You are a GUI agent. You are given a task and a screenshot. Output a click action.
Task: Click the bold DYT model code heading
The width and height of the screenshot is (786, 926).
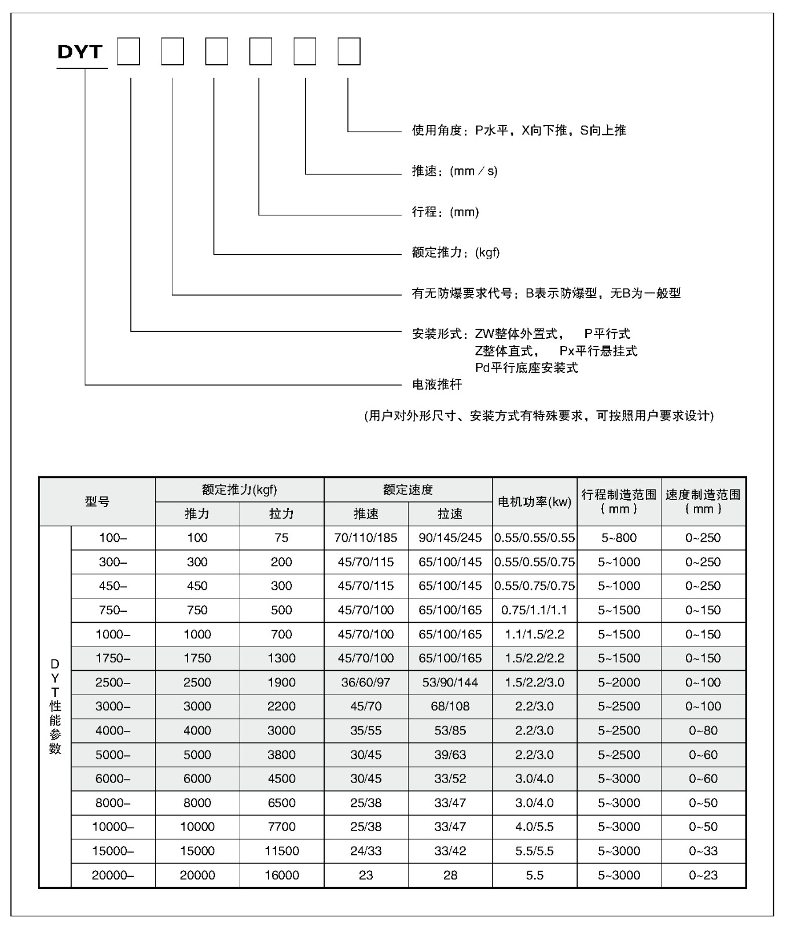pyautogui.click(x=80, y=52)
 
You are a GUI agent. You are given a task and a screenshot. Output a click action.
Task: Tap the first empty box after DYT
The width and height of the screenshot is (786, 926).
pyautogui.click(x=128, y=52)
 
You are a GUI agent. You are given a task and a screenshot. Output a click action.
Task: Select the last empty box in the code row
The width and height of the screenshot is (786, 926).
pyautogui.click(x=349, y=52)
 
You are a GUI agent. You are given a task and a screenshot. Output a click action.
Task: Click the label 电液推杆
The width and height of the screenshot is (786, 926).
pyautogui.click(x=437, y=384)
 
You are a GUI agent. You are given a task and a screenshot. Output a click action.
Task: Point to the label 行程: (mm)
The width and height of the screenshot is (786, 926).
pyautogui.click(x=445, y=212)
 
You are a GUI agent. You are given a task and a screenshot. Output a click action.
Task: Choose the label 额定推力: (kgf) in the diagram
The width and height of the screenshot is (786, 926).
pyautogui.click(x=456, y=252)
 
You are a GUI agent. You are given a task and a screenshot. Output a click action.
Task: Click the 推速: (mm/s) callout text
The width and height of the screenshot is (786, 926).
pyautogui.click(x=454, y=171)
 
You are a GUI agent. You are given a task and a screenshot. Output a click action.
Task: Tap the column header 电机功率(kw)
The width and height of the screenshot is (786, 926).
pyautogui.click(x=535, y=502)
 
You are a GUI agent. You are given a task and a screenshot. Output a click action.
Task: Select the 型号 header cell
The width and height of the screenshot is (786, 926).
pyautogui.click(x=97, y=502)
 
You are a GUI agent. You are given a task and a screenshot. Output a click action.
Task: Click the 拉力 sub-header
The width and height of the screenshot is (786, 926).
pyautogui.click(x=281, y=514)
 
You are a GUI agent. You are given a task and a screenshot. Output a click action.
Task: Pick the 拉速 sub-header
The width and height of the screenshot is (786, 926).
pyautogui.click(x=450, y=514)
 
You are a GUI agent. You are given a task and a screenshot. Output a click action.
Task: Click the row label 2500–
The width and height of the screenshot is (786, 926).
pyautogui.click(x=113, y=682)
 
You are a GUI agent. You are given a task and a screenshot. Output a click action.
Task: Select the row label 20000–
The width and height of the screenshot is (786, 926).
pyautogui.click(x=113, y=875)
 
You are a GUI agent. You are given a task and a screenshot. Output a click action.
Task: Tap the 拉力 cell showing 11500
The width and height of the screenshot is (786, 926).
pyautogui.click(x=281, y=851)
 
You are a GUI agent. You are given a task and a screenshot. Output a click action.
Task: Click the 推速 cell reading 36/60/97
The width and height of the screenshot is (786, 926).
pyautogui.click(x=366, y=682)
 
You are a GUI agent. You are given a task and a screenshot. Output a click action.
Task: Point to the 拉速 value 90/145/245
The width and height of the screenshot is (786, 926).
pyautogui.click(x=450, y=538)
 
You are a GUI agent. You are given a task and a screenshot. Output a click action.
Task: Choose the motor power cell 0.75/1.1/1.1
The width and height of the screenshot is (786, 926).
pyautogui.click(x=535, y=610)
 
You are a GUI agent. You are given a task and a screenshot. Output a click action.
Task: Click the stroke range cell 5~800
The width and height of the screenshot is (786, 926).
pyautogui.click(x=619, y=538)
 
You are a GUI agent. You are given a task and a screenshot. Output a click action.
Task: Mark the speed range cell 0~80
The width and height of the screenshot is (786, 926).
pyautogui.click(x=703, y=730)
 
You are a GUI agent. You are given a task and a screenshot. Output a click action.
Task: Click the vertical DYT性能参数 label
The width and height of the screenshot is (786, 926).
pyautogui.click(x=55, y=706)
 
